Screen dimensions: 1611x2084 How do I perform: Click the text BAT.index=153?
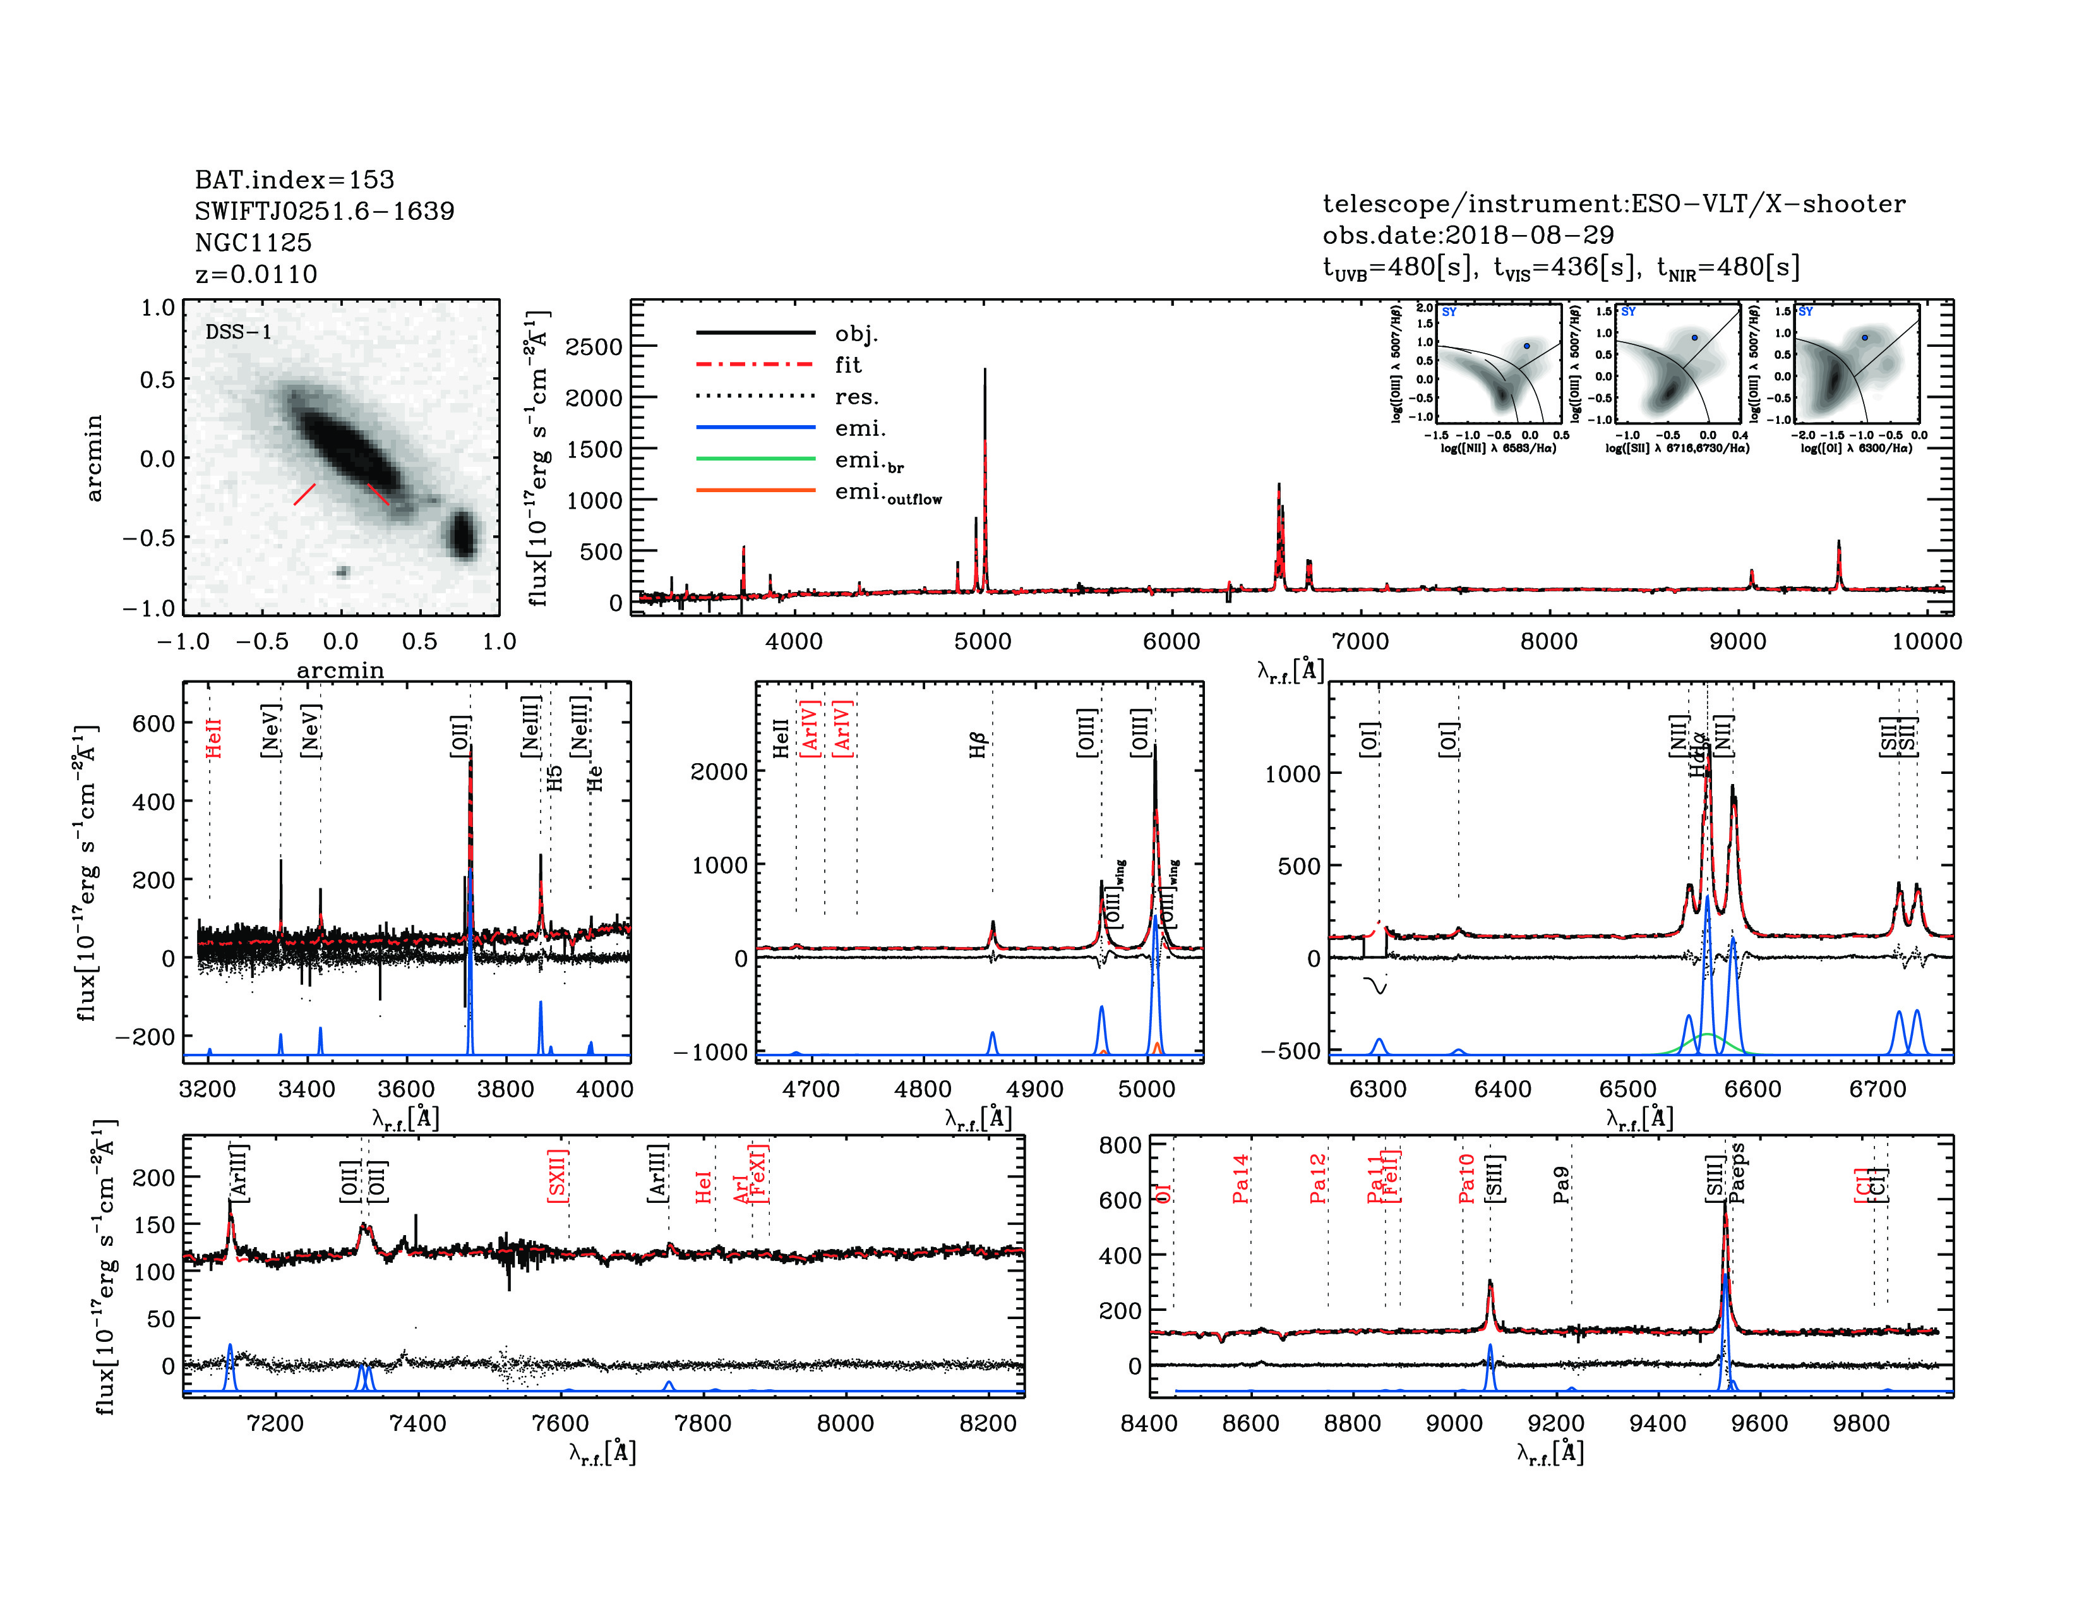294,179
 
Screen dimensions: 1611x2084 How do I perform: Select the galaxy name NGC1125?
253,243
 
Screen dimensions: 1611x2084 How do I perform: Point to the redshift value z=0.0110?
256,274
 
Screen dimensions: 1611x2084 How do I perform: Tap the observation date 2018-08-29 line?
1468,235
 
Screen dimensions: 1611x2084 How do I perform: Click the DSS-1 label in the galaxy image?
239,332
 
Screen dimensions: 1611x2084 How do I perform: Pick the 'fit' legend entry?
847,365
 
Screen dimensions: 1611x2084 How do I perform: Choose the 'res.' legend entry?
856,396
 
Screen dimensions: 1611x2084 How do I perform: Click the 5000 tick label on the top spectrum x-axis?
983,641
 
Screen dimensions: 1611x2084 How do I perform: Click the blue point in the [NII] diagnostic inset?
1527,346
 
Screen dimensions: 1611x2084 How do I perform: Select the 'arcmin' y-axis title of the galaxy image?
93,458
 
